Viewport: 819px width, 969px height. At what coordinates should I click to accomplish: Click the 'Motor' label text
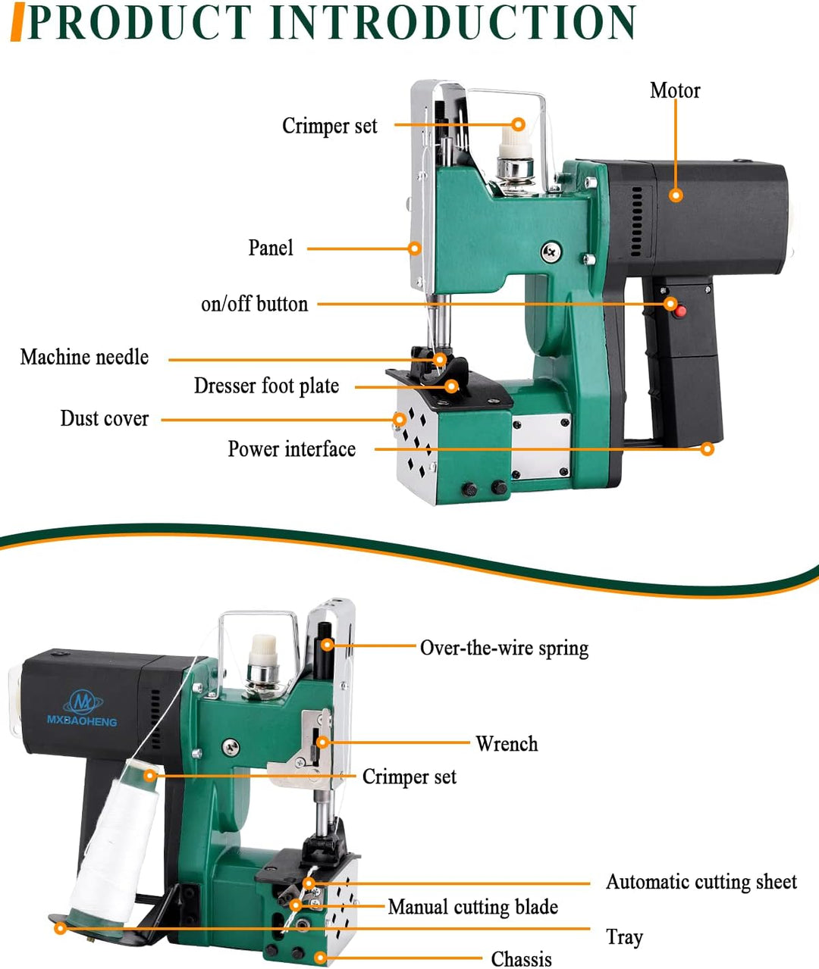pos(674,91)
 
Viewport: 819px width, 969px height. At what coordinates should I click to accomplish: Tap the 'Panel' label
pos(271,249)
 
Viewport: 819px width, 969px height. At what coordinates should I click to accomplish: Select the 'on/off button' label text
pos(254,305)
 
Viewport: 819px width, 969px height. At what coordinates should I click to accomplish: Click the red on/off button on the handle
pos(680,311)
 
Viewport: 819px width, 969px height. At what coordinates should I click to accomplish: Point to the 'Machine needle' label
pos(84,358)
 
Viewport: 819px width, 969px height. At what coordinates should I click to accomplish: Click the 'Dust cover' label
pos(105,419)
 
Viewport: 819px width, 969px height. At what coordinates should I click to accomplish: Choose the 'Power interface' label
pos(291,449)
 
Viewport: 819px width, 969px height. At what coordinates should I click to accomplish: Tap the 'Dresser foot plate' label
pos(266,386)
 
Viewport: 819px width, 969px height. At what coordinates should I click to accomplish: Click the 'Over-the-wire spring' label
pos(504,649)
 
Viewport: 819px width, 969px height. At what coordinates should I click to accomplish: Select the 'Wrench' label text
pos(507,744)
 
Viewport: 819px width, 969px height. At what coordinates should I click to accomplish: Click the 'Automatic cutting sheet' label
pos(701,882)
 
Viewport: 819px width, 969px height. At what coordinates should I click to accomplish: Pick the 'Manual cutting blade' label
pos(472,907)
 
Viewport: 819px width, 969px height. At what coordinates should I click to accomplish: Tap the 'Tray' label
pos(624,937)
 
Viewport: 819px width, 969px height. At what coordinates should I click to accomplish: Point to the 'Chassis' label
pos(521,959)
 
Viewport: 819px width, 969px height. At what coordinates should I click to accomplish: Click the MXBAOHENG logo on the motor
pos(82,709)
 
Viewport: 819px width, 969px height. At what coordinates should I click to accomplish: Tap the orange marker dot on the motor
pos(676,195)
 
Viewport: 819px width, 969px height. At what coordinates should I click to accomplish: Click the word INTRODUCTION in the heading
pos(453,23)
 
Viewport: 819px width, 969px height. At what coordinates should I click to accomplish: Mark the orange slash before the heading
pos(17,23)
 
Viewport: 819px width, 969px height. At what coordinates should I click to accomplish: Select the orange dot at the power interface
pos(707,449)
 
